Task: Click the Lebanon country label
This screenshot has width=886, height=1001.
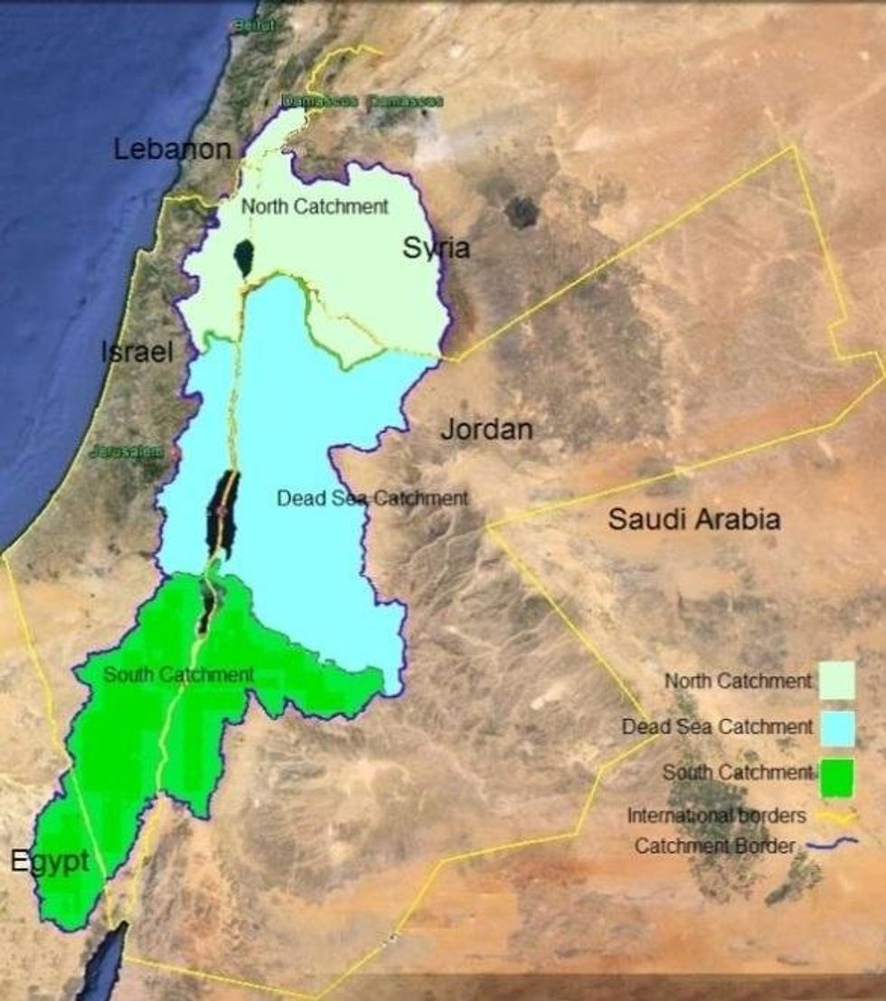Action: pyautogui.click(x=173, y=149)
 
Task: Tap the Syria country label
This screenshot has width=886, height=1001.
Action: pyautogui.click(x=436, y=248)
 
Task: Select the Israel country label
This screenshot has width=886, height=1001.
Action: pyautogui.click(x=137, y=352)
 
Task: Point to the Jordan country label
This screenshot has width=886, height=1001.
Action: pyautogui.click(x=486, y=430)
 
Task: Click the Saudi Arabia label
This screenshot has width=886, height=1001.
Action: pyautogui.click(x=693, y=519)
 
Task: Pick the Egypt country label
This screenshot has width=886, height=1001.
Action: pyautogui.click(x=50, y=861)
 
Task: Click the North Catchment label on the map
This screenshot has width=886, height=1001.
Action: pyautogui.click(x=315, y=206)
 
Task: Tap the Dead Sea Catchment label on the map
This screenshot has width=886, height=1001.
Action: pyautogui.click(x=372, y=498)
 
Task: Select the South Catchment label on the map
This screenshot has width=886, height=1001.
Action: pyautogui.click(x=178, y=675)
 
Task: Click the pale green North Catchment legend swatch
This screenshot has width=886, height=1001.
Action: pyautogui.click(x=837, y=680)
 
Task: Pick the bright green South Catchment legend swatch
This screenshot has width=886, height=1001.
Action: pyautogui.click(x=836, y=778)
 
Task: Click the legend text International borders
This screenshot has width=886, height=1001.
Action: pyautogui.click(x=716, y=816)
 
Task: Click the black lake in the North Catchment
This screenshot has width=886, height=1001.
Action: pyautogui.click(x=242, y=260)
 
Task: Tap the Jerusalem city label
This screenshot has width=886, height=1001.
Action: pyautogui.click(x=127, y=452)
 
